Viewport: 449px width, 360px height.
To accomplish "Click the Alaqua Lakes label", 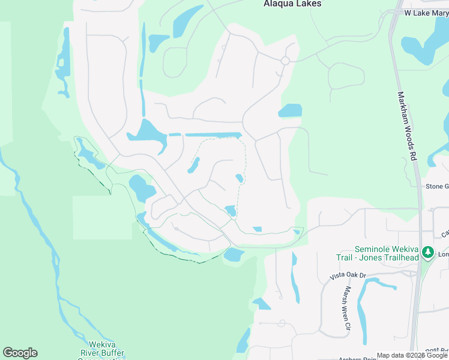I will coord(292,4).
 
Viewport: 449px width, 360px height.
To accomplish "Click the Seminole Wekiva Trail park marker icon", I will coord(427,253).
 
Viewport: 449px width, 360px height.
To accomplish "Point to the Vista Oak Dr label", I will coord(348,275).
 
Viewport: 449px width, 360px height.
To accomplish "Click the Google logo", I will coord(20,353).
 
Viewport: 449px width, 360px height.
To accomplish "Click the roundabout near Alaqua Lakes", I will coord(285,61).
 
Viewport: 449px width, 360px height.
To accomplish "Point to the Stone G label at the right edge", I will coord(436,187).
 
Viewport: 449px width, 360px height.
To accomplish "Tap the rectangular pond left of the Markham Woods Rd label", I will coord(291,111).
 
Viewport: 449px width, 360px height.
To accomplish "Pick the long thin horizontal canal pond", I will coord(212,135).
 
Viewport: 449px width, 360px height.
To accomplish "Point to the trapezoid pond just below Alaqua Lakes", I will coord(187,22).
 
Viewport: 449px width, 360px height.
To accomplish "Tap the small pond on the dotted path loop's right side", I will coord(240,178).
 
